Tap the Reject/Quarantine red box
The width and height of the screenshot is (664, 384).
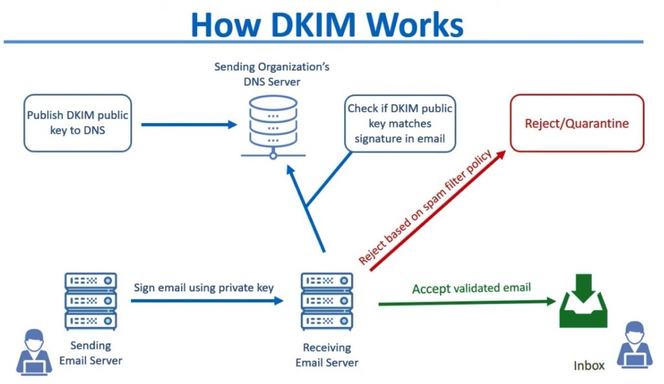(576, 123)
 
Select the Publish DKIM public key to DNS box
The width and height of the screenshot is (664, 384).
(77, 123)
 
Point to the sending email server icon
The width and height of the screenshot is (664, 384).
(91, 301)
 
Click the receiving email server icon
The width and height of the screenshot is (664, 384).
(327, 301)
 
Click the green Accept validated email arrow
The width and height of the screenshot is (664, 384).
(467, 302)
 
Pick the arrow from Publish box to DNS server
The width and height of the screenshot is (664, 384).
(189, 124)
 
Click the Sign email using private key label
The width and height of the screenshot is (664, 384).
(204, 287)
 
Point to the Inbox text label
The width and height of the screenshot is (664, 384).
(589, 366)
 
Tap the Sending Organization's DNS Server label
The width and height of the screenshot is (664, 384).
(272, 75)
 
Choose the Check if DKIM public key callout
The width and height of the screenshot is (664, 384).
(399, 123)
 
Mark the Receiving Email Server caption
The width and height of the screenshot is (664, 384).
(327, 355)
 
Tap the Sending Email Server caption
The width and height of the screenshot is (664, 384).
(91, 353)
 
